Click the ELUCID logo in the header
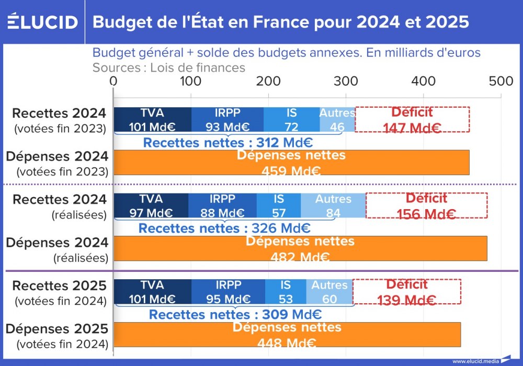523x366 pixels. pos(43,22)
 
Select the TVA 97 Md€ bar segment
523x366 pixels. pos(151,205)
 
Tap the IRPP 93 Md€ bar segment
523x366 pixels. pos(227,119)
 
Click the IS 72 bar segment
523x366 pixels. pos(291,119)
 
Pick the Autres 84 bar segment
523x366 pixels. pos(333,205)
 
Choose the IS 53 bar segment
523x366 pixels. pos(286,292)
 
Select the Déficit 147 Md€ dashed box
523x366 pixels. pos(412,119)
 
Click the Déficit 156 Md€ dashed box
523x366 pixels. pos(426,205)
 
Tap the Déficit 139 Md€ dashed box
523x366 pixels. pos(407,292)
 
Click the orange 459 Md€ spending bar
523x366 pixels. pos(291,163)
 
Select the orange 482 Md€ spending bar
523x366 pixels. pos(300,249)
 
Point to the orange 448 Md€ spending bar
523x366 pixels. pos(287,335)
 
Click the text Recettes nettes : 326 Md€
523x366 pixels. pos(224,228)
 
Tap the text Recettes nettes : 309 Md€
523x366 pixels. pos(235,315)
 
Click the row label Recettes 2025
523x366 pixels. pos(60,286)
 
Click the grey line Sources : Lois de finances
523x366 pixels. pos(168,67)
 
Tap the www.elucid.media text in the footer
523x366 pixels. pos(475,361)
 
